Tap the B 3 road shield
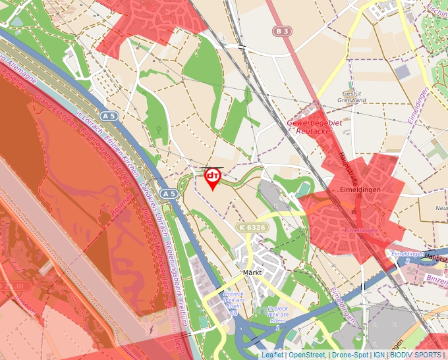pos(283,31)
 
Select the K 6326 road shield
pos(252,227)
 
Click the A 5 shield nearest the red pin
pos(169,194)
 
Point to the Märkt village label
pos(253,272)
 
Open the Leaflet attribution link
pos(272,355)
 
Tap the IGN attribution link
pos(379,355)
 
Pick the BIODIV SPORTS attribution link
pos(415,355)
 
